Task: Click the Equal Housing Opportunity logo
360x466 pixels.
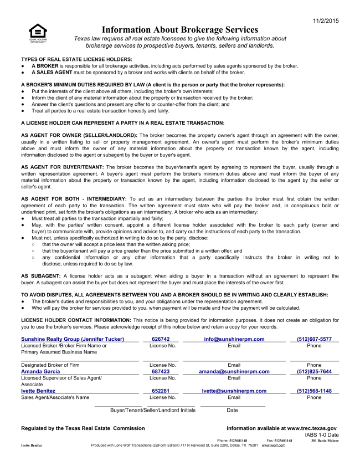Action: point(38,32)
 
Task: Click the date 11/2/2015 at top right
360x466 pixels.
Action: point(325,21)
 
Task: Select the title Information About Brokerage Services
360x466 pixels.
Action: point(180,29)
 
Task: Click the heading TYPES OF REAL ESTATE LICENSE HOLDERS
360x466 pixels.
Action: point(76,59)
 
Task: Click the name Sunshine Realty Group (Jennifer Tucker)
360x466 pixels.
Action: point(73,339)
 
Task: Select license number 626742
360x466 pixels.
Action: point(161,339)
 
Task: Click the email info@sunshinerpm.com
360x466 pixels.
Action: point(234,339)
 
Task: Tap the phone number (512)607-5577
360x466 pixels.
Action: point(314,339)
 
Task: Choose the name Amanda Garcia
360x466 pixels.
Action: point(40,372)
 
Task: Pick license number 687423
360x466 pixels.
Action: point(161,372)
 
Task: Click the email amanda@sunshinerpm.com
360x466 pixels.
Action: point(234,372)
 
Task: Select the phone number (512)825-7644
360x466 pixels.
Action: point(314,372)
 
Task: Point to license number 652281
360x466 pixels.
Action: point(161,391)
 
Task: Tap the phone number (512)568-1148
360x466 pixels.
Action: point(314,391)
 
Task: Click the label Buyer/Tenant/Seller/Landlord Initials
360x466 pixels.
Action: point(153,411)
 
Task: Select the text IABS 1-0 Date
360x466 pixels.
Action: point(321,435)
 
